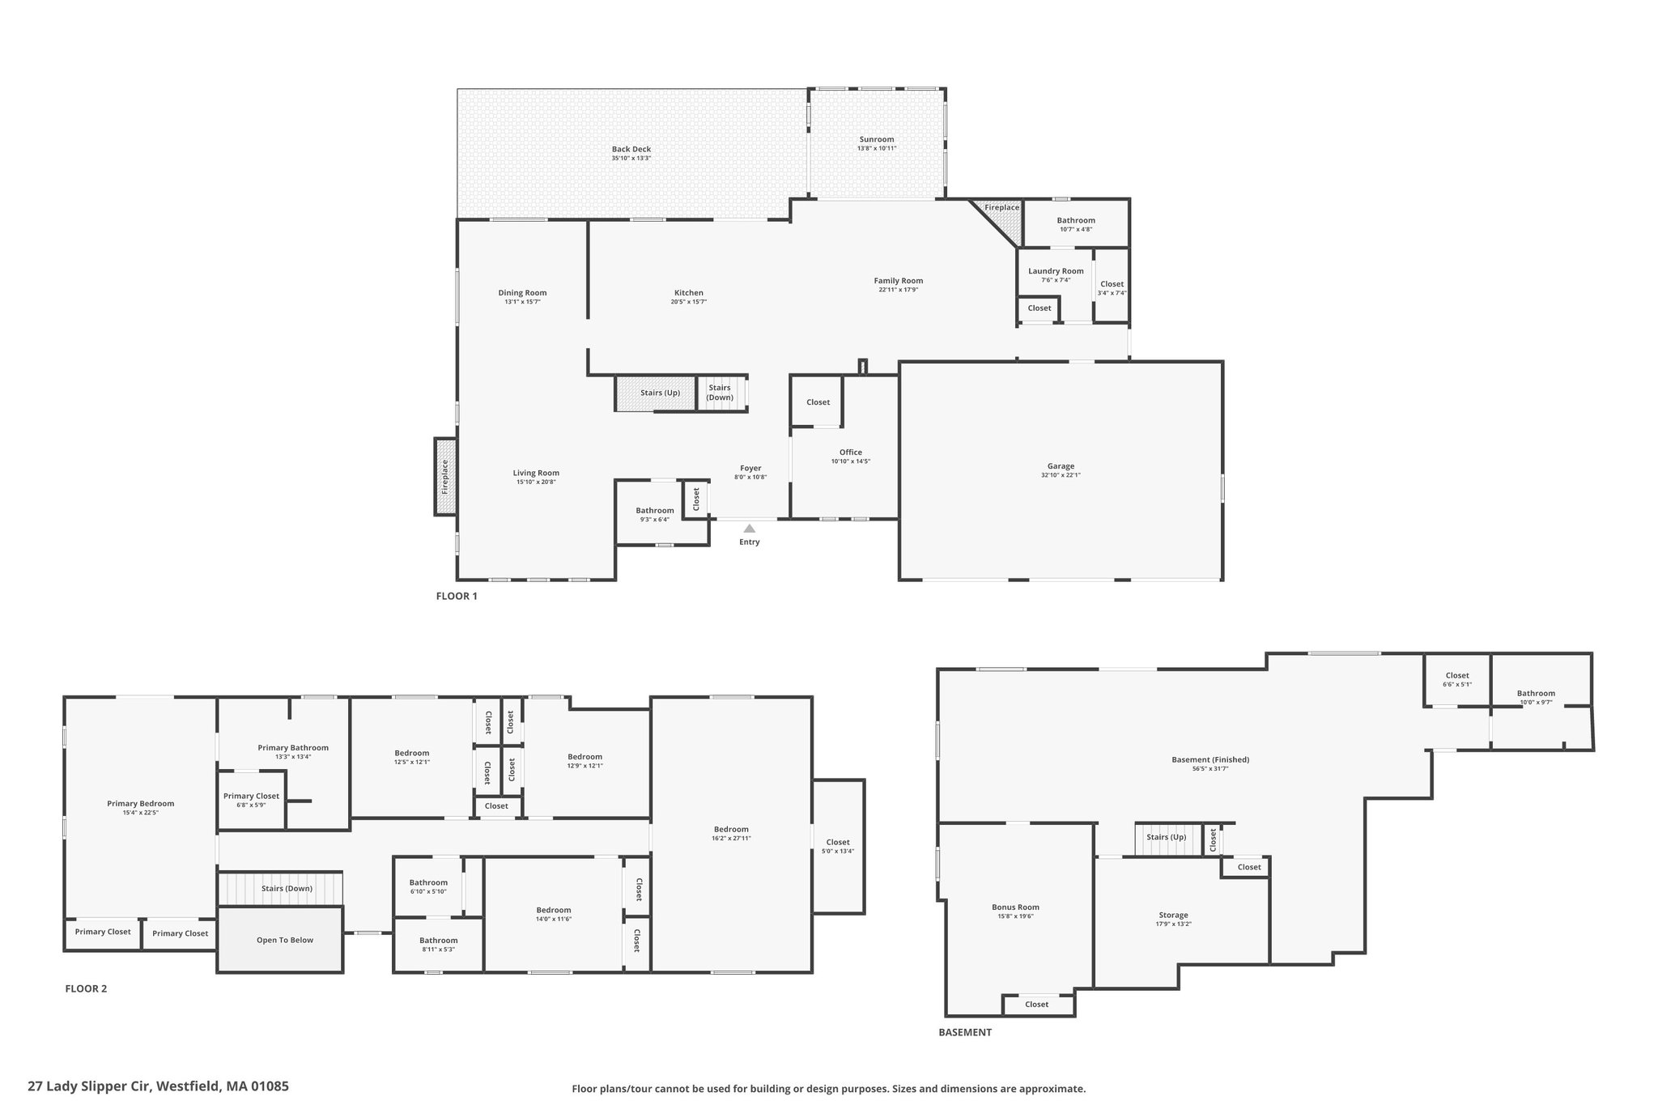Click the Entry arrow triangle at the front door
[x=750, y=529]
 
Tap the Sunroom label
[x=877, y=139]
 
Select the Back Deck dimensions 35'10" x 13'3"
[x=631, y=159]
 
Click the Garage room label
[x=1061, y=466]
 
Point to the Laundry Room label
[x=1056, y=271]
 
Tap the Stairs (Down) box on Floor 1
[x=721, y=393]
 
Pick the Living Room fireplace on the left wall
[x=445, y=477]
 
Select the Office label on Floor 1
[x=851, y=453]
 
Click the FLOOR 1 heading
[x=457, y=597]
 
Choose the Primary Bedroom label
[x=141, y=804]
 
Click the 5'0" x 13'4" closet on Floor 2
[x=838, y=847]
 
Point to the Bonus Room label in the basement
[x=1015, y=907]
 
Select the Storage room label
[x=1173, y=915]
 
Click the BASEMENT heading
[x=965, y=1032]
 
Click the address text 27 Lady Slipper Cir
[x=90, y=1086]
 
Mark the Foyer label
[x=750, y=468]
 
